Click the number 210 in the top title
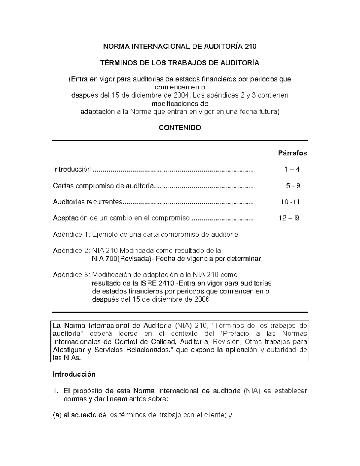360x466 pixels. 250,47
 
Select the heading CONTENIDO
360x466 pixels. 180,128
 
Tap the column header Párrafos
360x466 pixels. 292,153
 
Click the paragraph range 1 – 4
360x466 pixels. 292,170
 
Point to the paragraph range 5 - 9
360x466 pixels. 293,186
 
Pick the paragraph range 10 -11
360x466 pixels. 290,202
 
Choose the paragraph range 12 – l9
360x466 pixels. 289,218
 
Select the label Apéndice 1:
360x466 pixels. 71,234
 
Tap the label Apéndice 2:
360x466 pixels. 71,251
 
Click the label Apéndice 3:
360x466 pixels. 71,275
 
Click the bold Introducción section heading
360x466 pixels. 74,374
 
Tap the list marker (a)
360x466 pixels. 57,415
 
